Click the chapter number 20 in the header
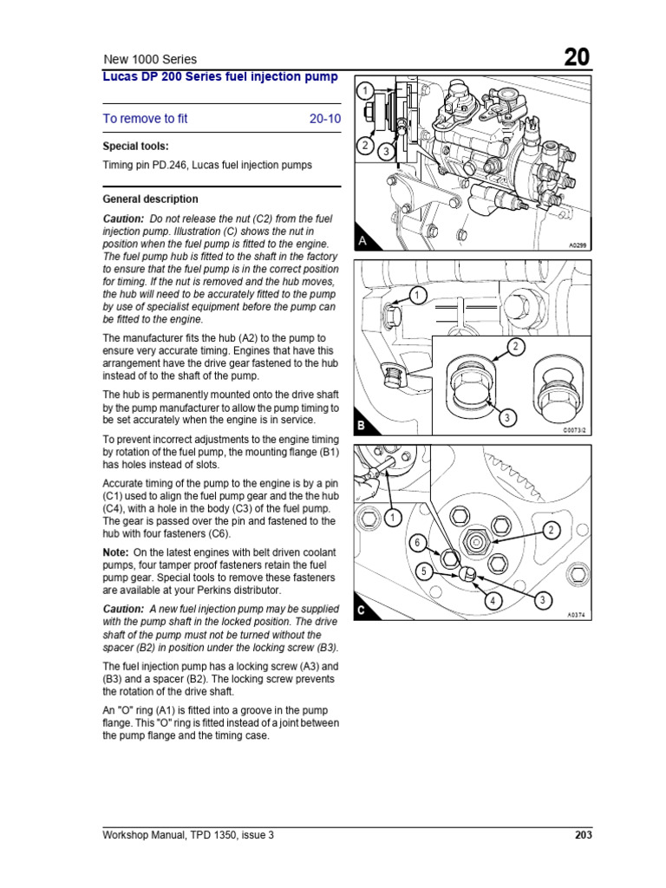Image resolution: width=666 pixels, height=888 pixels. tap(577, 57)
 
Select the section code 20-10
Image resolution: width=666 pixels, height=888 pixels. tap(325, 119)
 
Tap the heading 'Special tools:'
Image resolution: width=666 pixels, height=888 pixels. tap(136, 146)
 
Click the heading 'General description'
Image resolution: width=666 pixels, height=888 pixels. tap(150, 199)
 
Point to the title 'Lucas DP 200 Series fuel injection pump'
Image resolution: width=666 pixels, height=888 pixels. tap(220, 77)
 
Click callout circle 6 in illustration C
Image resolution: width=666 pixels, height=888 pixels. tap(416, 544)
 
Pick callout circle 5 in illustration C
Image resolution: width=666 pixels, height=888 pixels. tap(424, 571)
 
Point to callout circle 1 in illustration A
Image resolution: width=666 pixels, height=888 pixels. tap(366, 90)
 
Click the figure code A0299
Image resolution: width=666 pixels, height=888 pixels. tap(578, 246)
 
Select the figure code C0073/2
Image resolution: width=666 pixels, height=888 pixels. tap(575, 429)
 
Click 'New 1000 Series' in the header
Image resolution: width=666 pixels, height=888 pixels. tap(150, 60)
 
